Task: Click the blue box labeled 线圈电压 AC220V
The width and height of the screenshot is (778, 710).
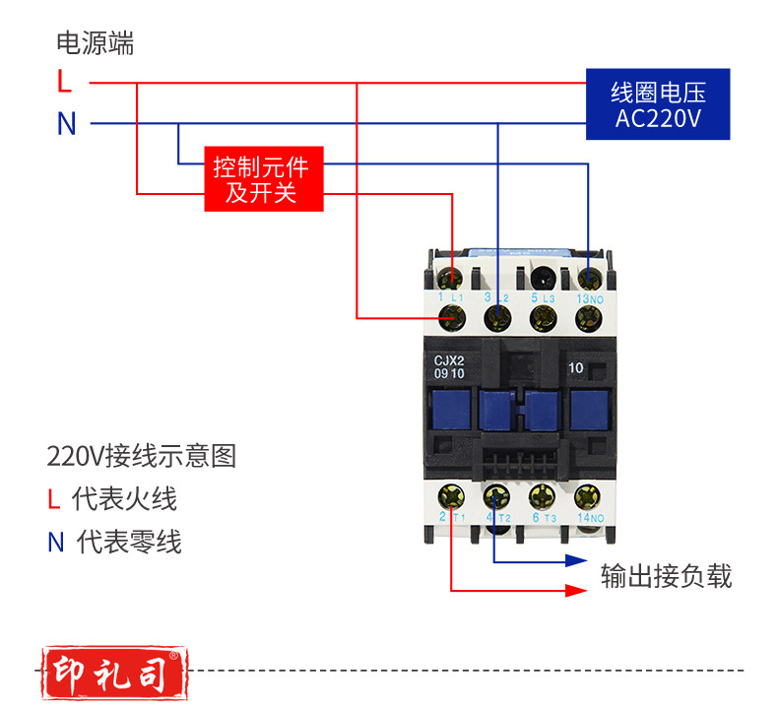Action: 657,103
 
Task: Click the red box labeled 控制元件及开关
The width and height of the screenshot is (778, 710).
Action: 265,178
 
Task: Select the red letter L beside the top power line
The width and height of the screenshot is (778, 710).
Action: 65,82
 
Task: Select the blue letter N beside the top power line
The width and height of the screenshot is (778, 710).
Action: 66,124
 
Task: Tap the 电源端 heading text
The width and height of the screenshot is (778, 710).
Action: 95,43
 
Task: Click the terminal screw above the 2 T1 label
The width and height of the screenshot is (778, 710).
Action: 452,495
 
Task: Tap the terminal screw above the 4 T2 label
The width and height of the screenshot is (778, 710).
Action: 495,495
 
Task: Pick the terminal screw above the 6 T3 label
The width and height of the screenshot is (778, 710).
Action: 540,495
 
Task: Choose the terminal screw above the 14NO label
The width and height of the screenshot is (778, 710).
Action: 588,495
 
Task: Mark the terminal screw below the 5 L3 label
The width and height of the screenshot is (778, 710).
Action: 540,317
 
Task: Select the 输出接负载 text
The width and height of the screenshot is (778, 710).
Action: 667,576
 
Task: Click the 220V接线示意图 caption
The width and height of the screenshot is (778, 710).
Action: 142,456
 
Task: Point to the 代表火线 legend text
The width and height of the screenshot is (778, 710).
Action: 124,498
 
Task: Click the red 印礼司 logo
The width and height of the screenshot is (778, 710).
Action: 113,671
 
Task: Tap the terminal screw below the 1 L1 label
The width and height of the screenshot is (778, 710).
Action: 452,317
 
